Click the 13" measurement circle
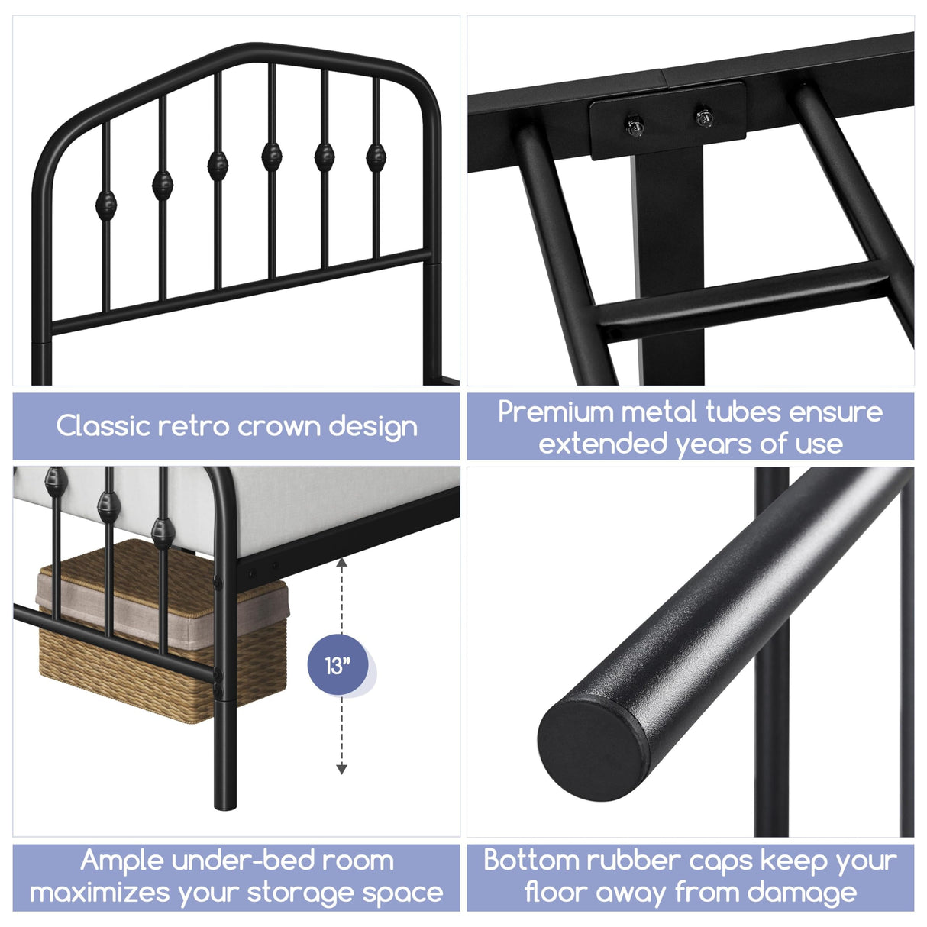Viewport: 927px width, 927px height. point(338,665)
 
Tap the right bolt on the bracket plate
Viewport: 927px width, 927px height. point(703,117)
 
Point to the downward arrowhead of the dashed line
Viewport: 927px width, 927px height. point(341,769)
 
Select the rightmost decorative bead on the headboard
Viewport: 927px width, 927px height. point(376,157)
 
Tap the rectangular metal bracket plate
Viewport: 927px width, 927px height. point(667,121)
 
